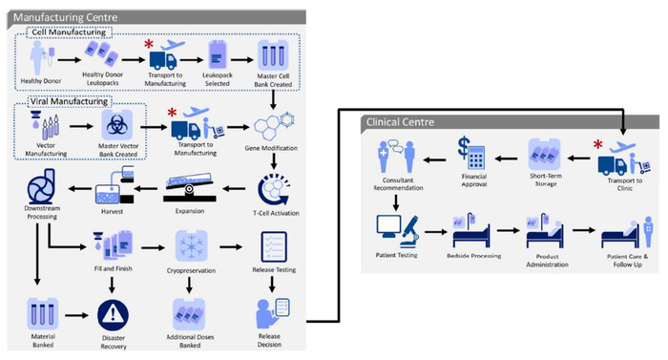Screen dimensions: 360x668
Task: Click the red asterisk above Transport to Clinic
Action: [598, 146]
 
